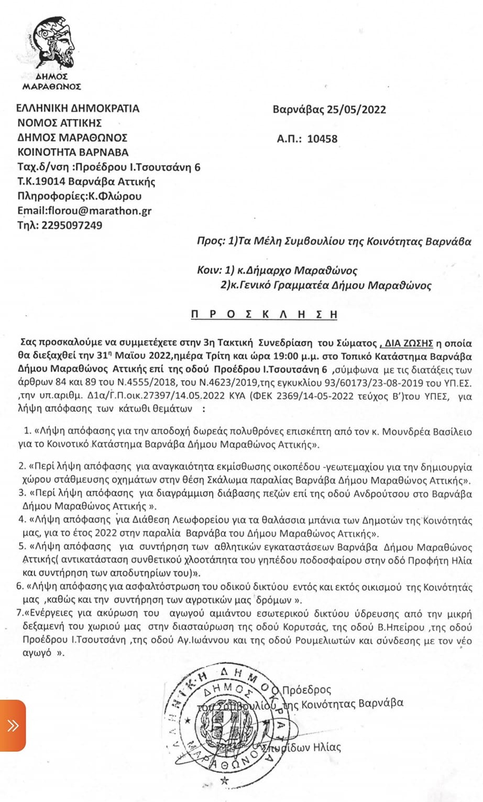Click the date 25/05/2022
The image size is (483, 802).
[356, 110]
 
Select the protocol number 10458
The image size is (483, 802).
[322, 139]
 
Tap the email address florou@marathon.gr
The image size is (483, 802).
[84, 211]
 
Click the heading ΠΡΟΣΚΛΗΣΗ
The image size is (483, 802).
[265, 314]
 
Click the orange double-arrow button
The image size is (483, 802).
[13, 725]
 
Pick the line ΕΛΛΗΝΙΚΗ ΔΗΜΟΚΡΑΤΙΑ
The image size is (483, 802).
[78, 109]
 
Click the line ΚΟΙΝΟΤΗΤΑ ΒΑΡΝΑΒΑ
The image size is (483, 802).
[73, 153]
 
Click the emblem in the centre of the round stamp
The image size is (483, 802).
[238, 721]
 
